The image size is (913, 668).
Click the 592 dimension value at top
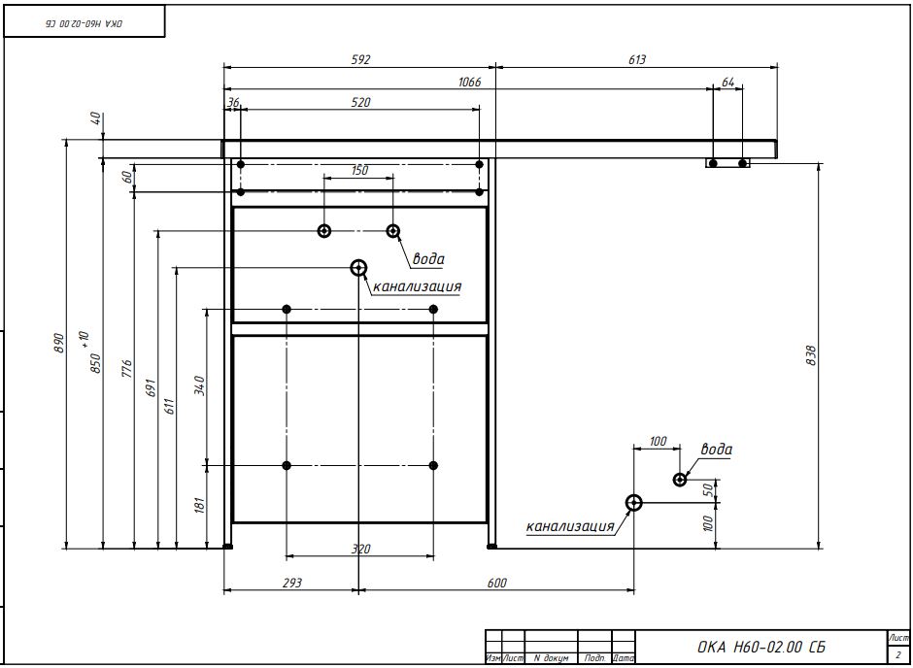(359, 59)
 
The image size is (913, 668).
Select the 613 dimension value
(636, 59)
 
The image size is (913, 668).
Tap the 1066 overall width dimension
(469, 83)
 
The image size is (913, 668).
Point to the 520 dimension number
(359, 102)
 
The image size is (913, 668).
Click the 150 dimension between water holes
(358, 170)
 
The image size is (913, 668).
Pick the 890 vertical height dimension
(58, 343)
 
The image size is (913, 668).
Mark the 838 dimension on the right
(812, 356)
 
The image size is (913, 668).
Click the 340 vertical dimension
(199, 385)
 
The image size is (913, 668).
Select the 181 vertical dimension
(199, 505)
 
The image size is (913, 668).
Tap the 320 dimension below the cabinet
(359, 550)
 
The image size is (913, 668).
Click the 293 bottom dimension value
(291, 583)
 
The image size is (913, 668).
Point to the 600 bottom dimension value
(496, 583)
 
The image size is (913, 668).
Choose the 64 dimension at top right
(727, 83)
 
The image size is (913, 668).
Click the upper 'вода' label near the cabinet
(428, 259)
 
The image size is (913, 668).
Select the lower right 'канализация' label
(570, 527)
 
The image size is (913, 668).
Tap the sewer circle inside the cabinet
(358, 267)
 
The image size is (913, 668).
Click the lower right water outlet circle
(680, 479)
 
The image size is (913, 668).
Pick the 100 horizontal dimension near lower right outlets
(658, 442)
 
